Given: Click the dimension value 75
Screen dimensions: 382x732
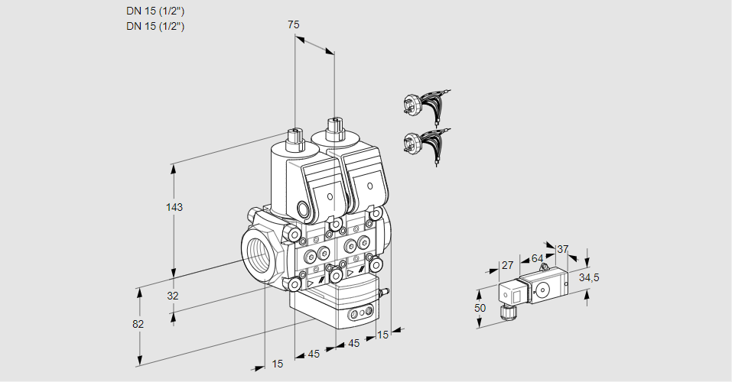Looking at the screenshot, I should click(x=293, y=25).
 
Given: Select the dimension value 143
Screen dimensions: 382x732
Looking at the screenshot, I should click(x=176, y=208).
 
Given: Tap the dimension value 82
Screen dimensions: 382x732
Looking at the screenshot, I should click(x=138, y=324).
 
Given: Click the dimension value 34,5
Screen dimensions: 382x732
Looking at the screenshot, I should click(x=588, y=277).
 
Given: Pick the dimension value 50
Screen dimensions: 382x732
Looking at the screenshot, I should click(x=480, y=307).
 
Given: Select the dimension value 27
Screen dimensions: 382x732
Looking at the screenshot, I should click(x=506, y=265).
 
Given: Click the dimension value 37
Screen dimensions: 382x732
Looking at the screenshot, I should click(x=562, y=249).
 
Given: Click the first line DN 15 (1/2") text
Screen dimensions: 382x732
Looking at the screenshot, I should click(x=155, y=11).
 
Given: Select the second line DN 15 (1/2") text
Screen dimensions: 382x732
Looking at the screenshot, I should click(x=155, y=26).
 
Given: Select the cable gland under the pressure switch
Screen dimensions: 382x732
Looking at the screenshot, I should click(x=506, y=310).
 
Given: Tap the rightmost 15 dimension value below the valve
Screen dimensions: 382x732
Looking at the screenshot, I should click(x=382, y=334).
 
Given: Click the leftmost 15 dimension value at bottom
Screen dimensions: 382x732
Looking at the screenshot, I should click(x=277, y=364).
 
